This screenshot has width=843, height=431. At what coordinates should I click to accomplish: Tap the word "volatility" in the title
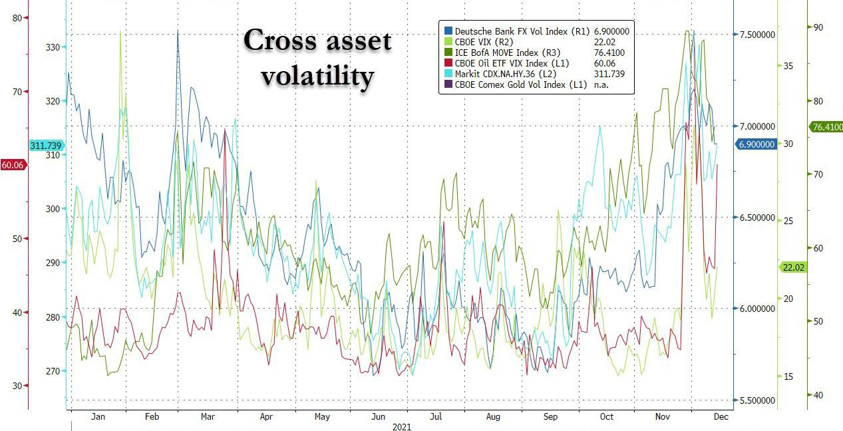point(316,76)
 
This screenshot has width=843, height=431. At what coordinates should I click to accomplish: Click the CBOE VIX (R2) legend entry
point(486,42)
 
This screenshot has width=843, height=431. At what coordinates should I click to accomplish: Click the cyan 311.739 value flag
point(46,146)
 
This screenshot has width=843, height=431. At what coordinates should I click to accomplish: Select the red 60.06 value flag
point(13,165)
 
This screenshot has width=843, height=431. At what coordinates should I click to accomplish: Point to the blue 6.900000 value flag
point(757,144)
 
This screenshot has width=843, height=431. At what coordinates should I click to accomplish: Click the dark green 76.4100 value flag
point(826,126)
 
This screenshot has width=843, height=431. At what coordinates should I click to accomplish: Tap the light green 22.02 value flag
point(793,267)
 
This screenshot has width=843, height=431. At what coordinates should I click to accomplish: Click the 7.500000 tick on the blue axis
point(757,35)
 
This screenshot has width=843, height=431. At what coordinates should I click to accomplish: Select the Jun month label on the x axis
point(379,417)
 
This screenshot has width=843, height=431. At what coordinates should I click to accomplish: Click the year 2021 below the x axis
point(402,426)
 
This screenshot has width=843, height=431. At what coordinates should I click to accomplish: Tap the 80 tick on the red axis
point(17,18)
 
